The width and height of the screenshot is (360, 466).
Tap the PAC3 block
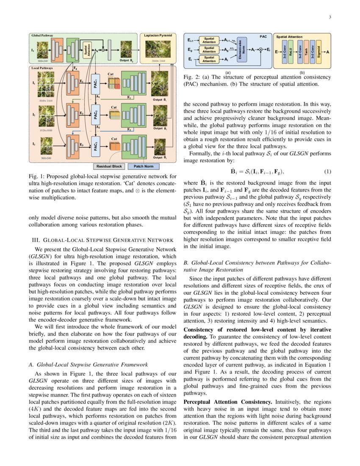[x=97, y=146]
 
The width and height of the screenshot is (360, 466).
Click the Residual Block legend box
[x=109, y=166]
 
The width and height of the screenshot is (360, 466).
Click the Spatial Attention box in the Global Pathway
[x=87, y=50]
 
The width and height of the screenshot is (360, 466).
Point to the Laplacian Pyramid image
[x=158, y=49]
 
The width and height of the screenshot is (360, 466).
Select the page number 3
[x=330, y=17]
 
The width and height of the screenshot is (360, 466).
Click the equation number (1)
[x=327, y=172]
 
